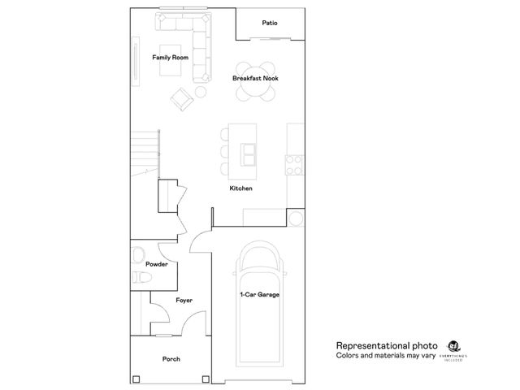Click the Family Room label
point(171,58)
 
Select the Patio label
point(270,23)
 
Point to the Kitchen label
point(240,188)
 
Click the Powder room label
point(157,265)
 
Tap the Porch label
point(171,358)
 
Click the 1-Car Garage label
point(259,294)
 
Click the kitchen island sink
point(247,151)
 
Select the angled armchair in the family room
point(181,100)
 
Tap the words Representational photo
point(387,344)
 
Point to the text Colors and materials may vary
point(386,356)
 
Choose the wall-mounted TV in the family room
point(136,61)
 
